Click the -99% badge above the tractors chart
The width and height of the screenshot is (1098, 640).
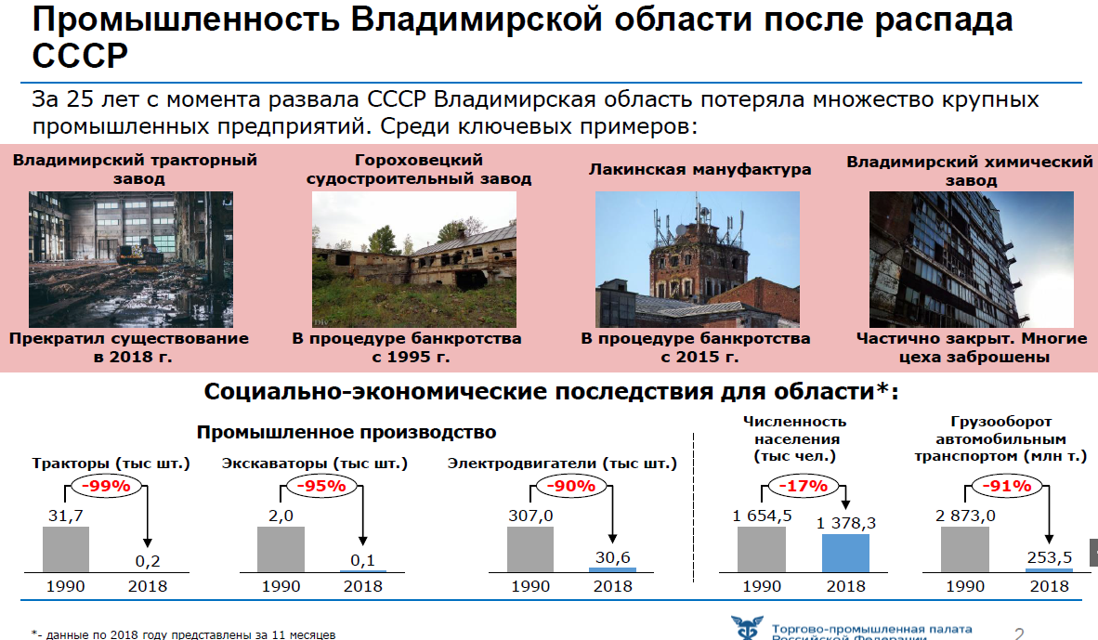106,486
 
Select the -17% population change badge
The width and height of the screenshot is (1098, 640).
804,486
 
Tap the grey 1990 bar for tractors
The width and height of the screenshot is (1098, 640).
66,550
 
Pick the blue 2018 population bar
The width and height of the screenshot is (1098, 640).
845,554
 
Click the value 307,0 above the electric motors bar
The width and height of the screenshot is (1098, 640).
530,516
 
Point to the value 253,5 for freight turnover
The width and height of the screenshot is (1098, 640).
1049,557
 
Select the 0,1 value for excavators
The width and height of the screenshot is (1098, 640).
362,561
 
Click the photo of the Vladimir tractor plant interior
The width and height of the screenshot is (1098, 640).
131,260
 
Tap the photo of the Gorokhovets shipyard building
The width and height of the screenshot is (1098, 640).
414,260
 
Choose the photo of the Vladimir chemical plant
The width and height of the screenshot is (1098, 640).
972,260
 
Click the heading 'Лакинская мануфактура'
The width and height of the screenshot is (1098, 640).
699,169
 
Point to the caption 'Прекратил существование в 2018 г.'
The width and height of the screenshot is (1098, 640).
129,348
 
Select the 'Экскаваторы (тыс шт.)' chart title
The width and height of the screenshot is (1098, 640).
314,464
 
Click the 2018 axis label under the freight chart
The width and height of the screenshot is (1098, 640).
1049,587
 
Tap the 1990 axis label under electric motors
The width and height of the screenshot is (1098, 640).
530,587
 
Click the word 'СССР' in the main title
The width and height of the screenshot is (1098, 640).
80,56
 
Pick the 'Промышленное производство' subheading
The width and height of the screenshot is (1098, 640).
346,433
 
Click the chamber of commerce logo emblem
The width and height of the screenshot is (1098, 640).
747,627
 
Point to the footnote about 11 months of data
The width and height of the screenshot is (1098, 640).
184,634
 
